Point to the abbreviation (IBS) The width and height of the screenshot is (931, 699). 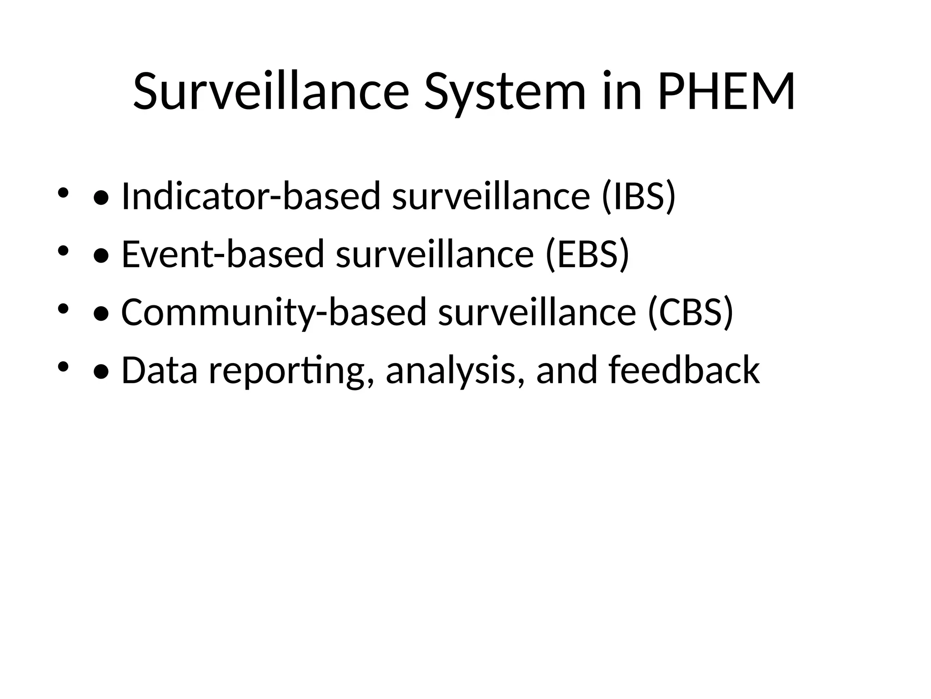(x=639, y=197)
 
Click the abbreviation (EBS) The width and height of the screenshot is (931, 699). (x=588, y=254)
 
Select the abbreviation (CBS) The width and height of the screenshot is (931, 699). (x=691, y=312)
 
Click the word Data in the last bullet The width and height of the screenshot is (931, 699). (x=160, y=370)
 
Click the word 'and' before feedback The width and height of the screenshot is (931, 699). (x=566, y=370)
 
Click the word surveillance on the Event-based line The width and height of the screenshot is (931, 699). (x=435, y=254)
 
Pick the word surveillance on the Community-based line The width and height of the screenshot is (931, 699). (x=537, y=312)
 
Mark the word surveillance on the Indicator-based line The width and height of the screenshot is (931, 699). (x=491, y=197)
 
